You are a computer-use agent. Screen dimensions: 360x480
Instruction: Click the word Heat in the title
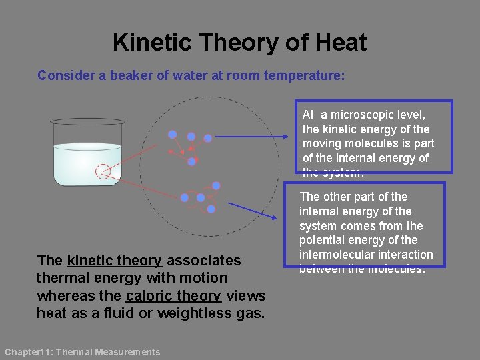click(x=341, y=43)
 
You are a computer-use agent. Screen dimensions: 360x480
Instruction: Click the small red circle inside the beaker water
click(x=102, y=171)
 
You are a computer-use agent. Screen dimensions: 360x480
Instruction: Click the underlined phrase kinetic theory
click(x=114, y=261)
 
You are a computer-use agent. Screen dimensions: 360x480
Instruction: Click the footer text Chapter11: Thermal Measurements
click(x=82, y=352)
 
